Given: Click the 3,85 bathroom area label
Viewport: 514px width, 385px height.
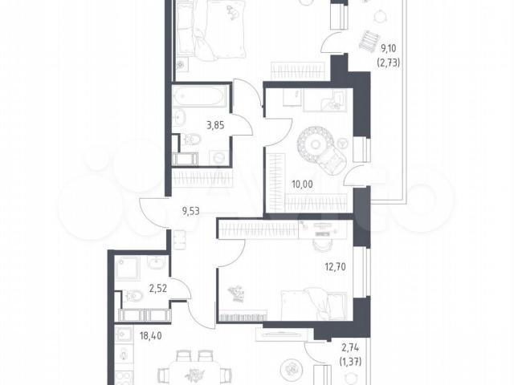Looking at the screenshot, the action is click(x=215, y=125).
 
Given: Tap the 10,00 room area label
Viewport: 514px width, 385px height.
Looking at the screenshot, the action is click(x=302, y=184).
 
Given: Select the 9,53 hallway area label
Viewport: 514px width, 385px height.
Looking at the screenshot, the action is click(x=191, y=211).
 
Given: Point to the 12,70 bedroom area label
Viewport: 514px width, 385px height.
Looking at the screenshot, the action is click(x=335, y=267).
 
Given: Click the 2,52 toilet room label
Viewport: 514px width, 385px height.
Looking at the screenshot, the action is click(x=158, y=289).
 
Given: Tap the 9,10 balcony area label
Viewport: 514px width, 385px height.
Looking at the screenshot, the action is click(x=388, y=48).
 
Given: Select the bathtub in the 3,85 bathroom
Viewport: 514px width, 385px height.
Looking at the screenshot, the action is click(x=200, y=96).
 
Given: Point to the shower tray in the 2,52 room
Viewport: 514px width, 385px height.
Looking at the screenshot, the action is click(x=128, y=269).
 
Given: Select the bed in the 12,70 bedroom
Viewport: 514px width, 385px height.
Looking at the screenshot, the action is click(x=314, y=303).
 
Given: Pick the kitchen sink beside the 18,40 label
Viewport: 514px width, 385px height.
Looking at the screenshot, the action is click(x=124, y=334).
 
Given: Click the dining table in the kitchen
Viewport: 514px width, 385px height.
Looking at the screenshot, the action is click(x=194, y=373).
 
